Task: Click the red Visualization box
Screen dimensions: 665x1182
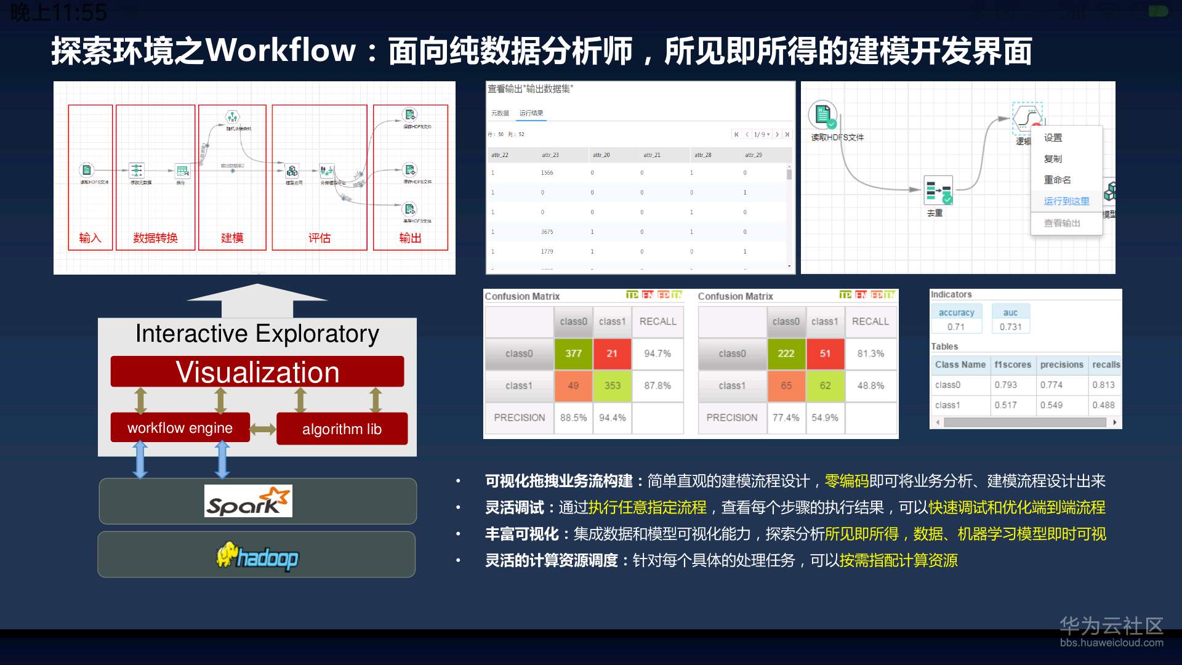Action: [257, 372]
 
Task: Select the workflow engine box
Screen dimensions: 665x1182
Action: [180, 428]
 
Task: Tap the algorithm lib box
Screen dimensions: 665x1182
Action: [342, 429]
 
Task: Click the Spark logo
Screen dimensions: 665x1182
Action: [248, 501]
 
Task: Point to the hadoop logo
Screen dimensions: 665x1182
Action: [257, 557]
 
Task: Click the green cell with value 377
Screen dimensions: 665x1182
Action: [573, 353]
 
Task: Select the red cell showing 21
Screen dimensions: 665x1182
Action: [612, 353]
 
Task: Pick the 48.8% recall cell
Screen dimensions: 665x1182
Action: [870, 385]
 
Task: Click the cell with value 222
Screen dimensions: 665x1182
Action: [786, 353]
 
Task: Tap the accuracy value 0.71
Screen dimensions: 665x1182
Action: [956, 327]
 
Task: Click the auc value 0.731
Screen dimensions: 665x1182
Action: [1010, 327]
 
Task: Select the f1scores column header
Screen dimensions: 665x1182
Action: [1013, 365]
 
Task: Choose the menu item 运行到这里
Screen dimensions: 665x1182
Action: [1066, 201]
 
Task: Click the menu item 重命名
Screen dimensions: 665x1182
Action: [1057, 180]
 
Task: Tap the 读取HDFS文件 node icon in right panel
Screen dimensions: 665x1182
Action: [822, 115]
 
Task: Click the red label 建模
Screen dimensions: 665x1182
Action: [232, 238]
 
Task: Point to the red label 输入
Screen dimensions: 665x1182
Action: [90, 238]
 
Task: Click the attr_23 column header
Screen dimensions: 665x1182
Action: [550, 155]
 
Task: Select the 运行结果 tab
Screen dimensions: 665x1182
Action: [531, 113]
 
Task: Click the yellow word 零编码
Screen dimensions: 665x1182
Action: [846, 481]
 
